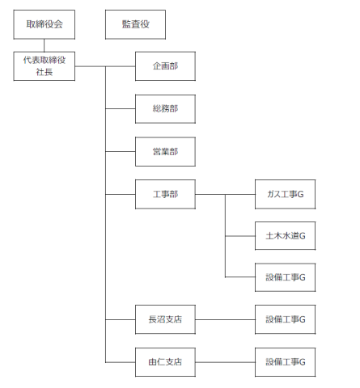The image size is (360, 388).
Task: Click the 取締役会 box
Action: pos(44,24)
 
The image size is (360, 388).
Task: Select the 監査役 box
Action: pos(135,24)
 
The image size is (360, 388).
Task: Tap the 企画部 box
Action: pos(165,66)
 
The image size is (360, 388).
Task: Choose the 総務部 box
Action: pos(165,109)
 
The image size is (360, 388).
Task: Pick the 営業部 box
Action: pos(165,151)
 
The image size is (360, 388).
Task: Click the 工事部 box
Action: pos(165,194)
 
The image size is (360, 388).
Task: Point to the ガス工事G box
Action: pos(285,194)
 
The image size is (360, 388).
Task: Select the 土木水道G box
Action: pos(285,236)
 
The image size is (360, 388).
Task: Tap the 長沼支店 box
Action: pos(165,319)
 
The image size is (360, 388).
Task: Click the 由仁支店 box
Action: pos(165,362)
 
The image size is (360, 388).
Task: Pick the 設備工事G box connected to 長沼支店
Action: pos(285,319)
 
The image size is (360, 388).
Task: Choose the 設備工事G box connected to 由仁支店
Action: pos(285,362)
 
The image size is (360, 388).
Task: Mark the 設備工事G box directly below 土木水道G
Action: pos(285,277)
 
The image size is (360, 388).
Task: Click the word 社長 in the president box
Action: pos(44,72)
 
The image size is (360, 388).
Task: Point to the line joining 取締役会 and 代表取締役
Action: pos(44,45)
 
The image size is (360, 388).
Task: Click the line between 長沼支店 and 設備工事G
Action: pos(225,319)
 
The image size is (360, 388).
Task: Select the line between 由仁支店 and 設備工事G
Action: pos(225,362)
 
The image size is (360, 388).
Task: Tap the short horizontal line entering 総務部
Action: pos(121,109)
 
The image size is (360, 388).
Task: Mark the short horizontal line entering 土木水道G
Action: pos(240,236)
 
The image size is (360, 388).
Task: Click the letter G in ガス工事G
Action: pos(300,194)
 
